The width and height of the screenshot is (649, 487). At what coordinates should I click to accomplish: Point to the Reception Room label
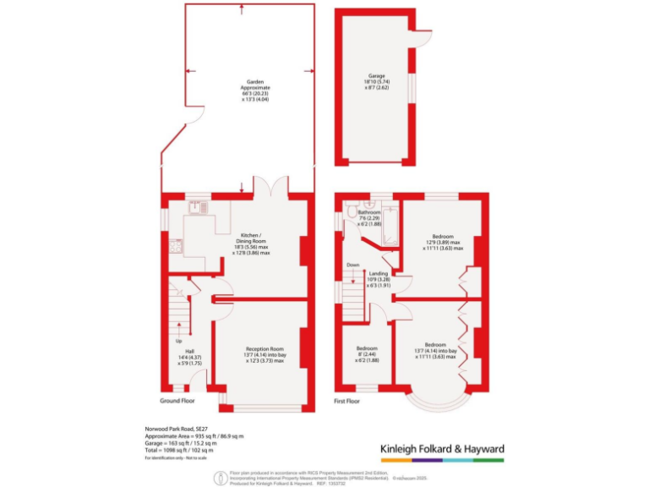(x=264, y=353)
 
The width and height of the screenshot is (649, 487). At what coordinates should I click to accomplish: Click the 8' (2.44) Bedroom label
(x=366, y=350)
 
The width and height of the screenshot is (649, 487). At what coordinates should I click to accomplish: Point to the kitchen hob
(x=176, y=246)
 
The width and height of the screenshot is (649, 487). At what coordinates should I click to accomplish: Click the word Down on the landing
(x=353, y=265)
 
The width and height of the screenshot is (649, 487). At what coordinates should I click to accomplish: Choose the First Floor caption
(x=347, y=401)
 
